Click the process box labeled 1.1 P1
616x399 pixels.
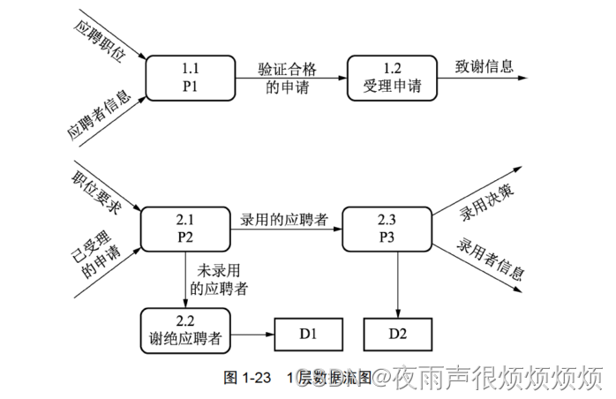pos(191,78)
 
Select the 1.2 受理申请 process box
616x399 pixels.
pos(393,78)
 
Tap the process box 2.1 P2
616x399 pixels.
pos(185,229)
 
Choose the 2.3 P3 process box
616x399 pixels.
pos(387,229)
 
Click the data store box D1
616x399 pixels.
pos(308,335)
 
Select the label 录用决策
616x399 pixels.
pos(486,201)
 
